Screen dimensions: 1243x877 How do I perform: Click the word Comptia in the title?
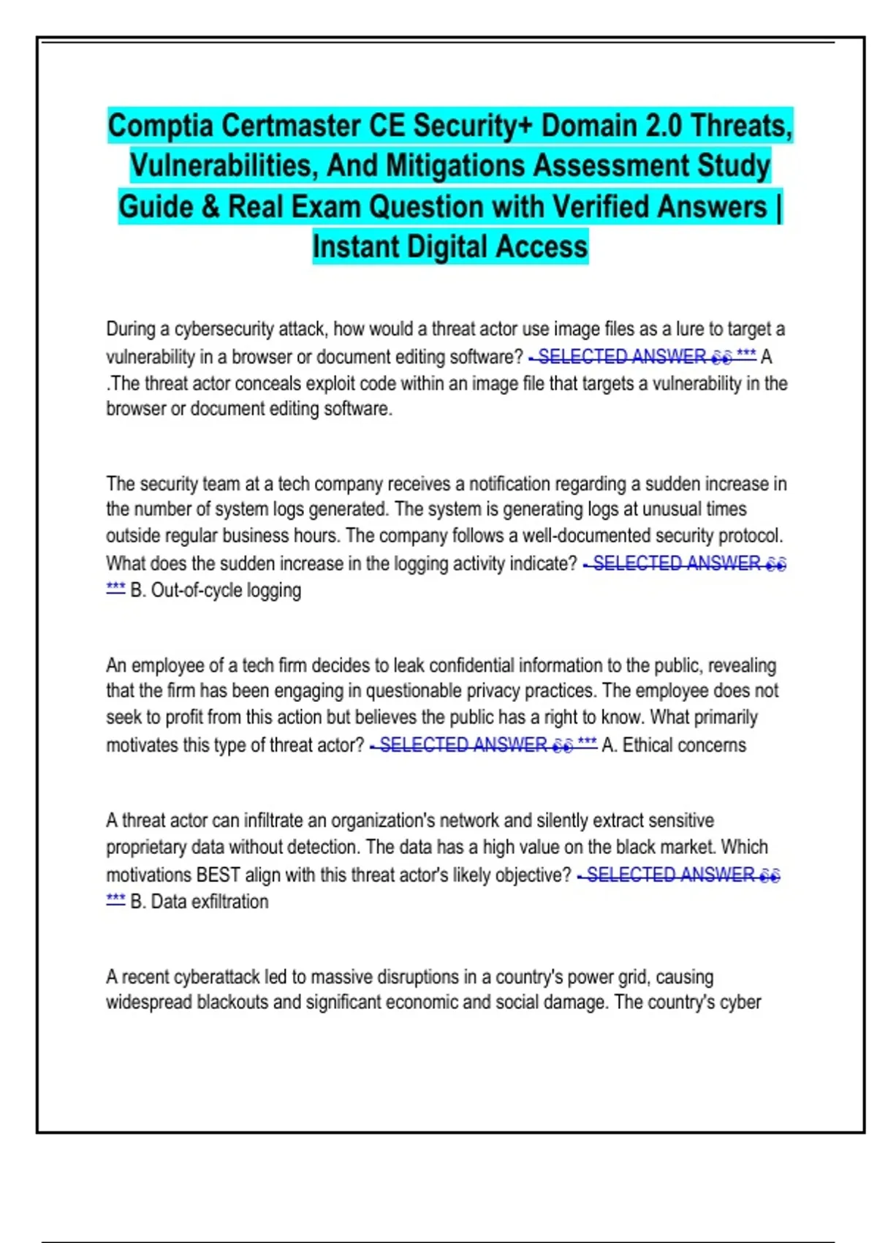tap(161, 126)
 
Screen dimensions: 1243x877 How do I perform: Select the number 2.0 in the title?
tap(663, 126)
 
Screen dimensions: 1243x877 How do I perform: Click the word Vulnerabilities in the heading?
tap(224, 166)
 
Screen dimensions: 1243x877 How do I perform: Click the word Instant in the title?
tap(355, 247)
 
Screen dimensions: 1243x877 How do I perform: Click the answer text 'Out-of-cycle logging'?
tap(226, 590)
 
